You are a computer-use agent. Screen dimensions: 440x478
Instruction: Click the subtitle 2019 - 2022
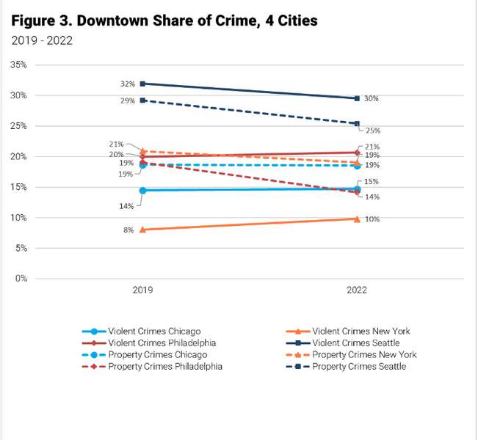pos(42,40)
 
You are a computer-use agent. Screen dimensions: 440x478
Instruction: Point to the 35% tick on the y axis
pos(18,65)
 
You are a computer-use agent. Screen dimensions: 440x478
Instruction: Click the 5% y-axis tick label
pos(21,248)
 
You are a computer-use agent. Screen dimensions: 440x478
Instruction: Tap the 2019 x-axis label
pos(142,290)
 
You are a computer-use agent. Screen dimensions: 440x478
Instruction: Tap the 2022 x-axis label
pos(357,290)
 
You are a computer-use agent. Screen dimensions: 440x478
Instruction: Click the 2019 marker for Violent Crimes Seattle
pos(142,84)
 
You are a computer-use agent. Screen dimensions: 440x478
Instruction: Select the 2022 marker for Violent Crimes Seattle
pos(357,98)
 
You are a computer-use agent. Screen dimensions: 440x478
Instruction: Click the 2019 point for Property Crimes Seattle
pos(142,100)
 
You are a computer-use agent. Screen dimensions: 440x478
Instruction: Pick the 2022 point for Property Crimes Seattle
pos(357,123)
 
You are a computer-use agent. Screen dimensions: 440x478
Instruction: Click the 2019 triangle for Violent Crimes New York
pos(142,230)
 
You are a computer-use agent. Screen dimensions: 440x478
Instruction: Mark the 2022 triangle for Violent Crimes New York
pos(357,219)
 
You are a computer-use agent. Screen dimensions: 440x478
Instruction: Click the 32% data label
pos(128,84)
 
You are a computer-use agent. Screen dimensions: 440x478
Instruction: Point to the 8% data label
pos(128,230)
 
